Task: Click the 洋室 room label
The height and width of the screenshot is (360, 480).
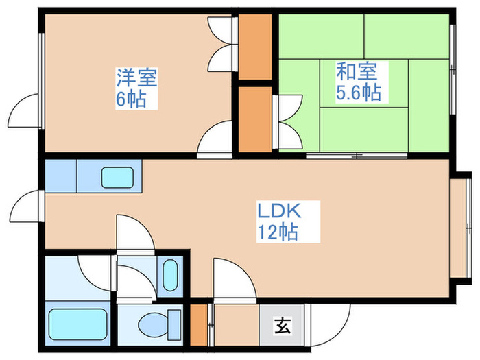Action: [136, 77]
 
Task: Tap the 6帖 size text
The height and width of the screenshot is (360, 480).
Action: [130, 99]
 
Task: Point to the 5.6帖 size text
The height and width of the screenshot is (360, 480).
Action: [358, 93]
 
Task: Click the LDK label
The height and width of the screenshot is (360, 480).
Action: [279, 210]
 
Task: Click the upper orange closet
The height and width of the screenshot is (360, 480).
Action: [256, 45]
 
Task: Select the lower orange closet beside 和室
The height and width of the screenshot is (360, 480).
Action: [254, 118]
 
